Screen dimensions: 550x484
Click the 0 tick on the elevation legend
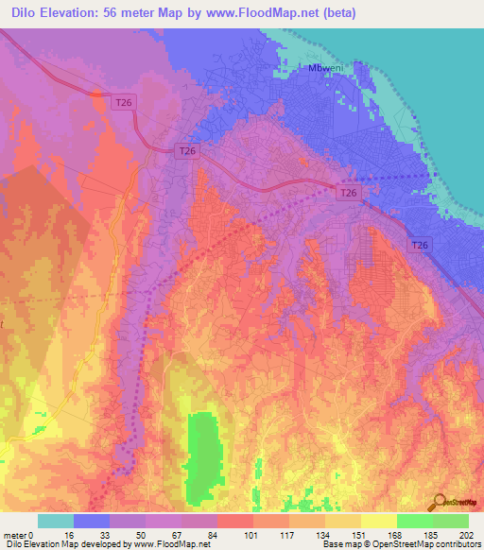(32, 534)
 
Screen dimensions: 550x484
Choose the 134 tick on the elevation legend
(324, 534)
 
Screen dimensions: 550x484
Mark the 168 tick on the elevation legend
(396, 534)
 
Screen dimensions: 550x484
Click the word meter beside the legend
(15, 534)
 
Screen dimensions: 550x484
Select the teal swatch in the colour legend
(56, 521)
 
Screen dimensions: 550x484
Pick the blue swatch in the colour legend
(92, 521)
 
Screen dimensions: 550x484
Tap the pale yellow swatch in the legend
(378, 521)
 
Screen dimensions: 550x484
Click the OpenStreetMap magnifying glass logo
(439, 504)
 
